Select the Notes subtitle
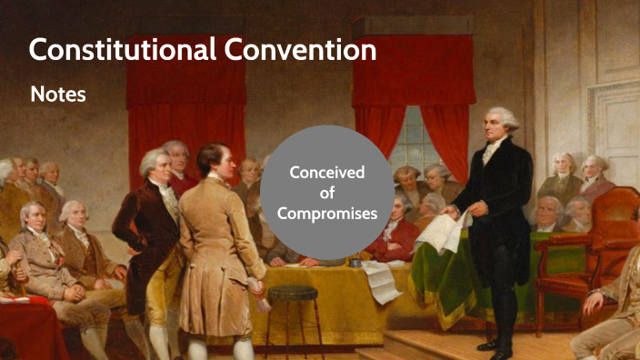[x=58, y=94]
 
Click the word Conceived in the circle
[x=326, y=172]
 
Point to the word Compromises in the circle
[x=326, y=214]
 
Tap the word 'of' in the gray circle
[x=326, y=193]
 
